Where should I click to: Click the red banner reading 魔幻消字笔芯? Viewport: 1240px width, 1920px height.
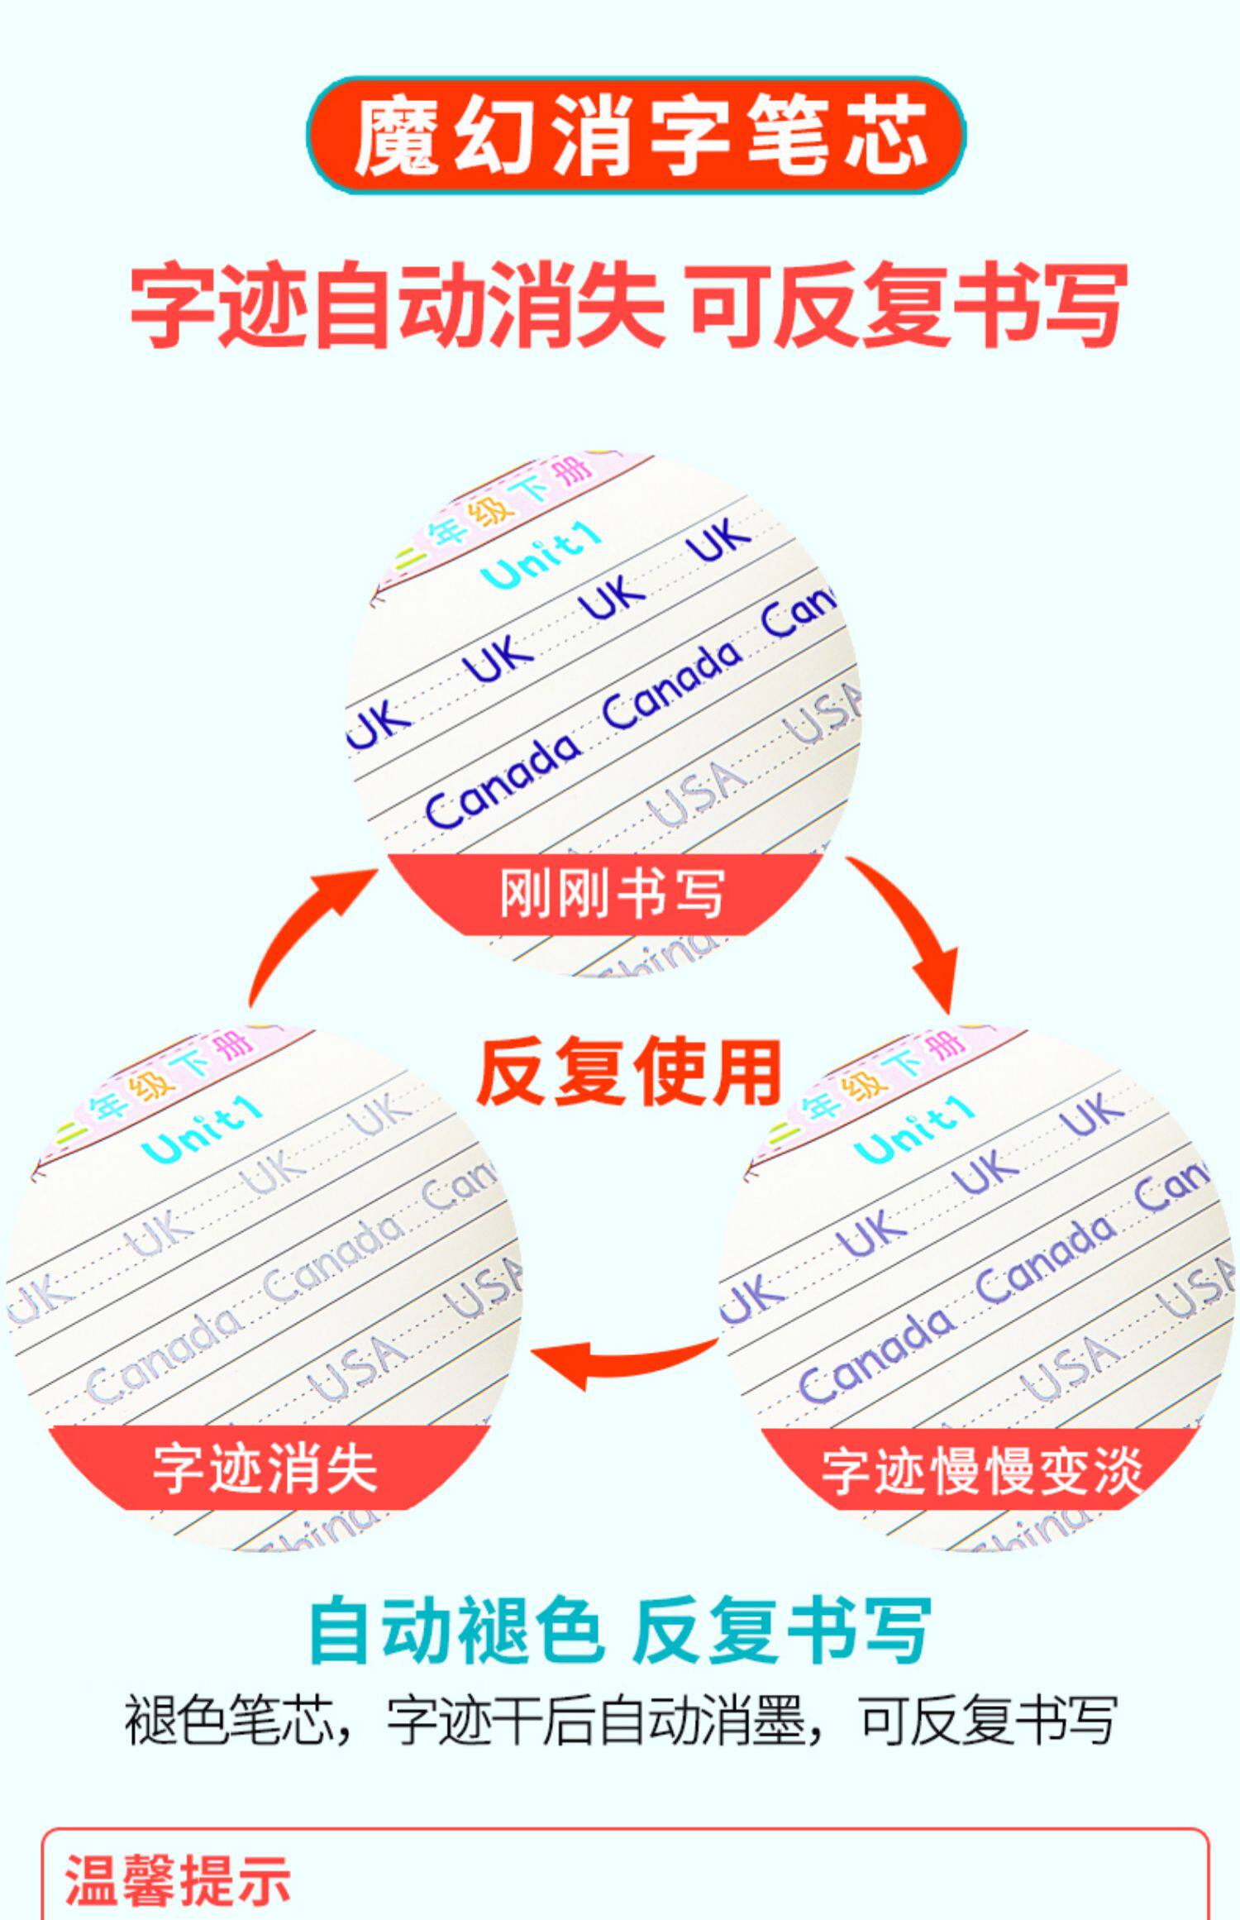click(636, 136)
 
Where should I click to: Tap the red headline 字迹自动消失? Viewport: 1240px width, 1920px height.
click(398, 304)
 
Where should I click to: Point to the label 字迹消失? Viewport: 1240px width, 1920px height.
click(265, 1469)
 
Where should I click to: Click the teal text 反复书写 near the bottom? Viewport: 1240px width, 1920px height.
click(782, 1631)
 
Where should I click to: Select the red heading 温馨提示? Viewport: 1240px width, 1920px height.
click(179, 1879)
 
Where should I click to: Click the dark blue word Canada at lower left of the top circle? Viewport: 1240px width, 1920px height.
click(503, 781)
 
